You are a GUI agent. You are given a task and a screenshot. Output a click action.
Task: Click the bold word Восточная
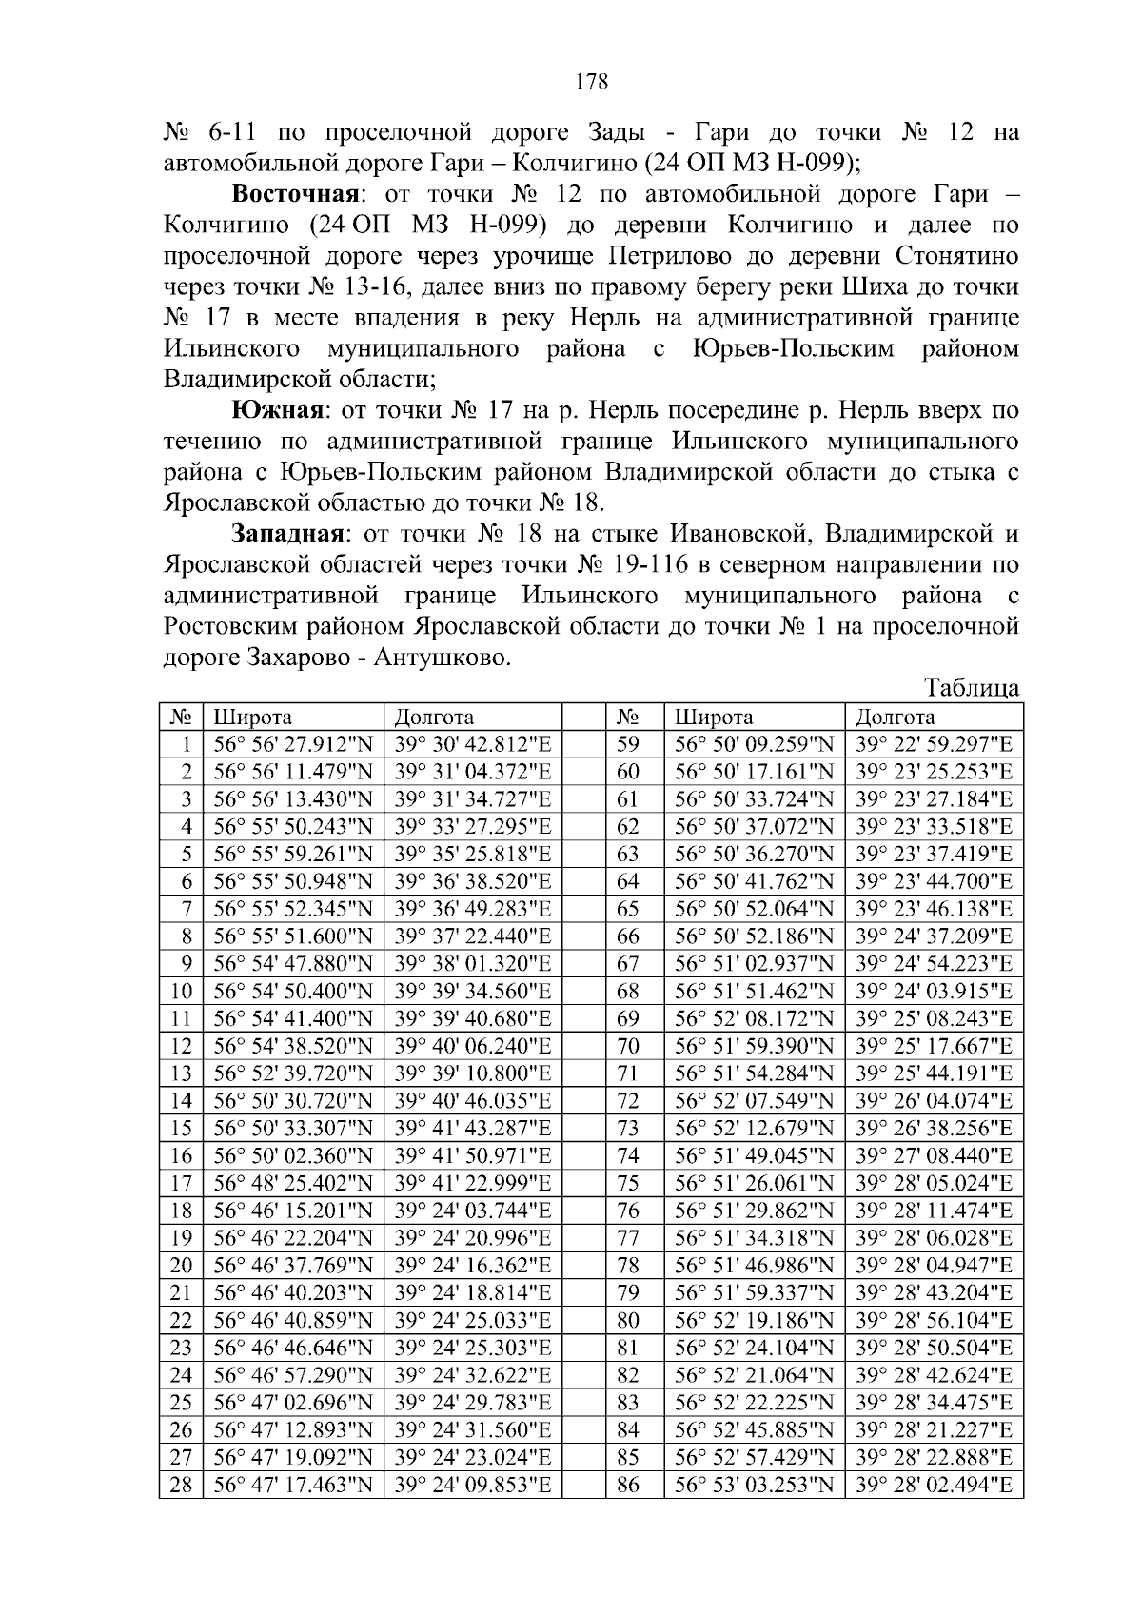point(295,195)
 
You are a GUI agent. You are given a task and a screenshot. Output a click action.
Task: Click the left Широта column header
point(252,718)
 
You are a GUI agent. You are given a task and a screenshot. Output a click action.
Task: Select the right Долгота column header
point(895,718)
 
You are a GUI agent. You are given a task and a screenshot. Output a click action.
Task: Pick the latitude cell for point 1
point(293,745)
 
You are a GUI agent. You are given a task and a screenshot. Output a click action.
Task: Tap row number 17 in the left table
point(181,1184)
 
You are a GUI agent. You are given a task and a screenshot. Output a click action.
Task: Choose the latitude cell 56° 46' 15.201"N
point(293,1211)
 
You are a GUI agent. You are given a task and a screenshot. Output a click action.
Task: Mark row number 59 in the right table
point(628,745)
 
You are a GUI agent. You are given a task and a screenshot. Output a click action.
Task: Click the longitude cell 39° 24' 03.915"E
point(934,992)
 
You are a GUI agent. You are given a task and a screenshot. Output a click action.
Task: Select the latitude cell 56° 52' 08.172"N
point(755,1019)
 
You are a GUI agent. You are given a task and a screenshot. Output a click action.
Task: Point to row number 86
point(628,1485)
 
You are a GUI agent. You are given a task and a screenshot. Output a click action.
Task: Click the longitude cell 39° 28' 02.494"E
point(934,1485)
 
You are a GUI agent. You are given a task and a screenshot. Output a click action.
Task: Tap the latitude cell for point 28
point(293,1485)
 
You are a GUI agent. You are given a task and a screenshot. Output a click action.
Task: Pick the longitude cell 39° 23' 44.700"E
point(934,881)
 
